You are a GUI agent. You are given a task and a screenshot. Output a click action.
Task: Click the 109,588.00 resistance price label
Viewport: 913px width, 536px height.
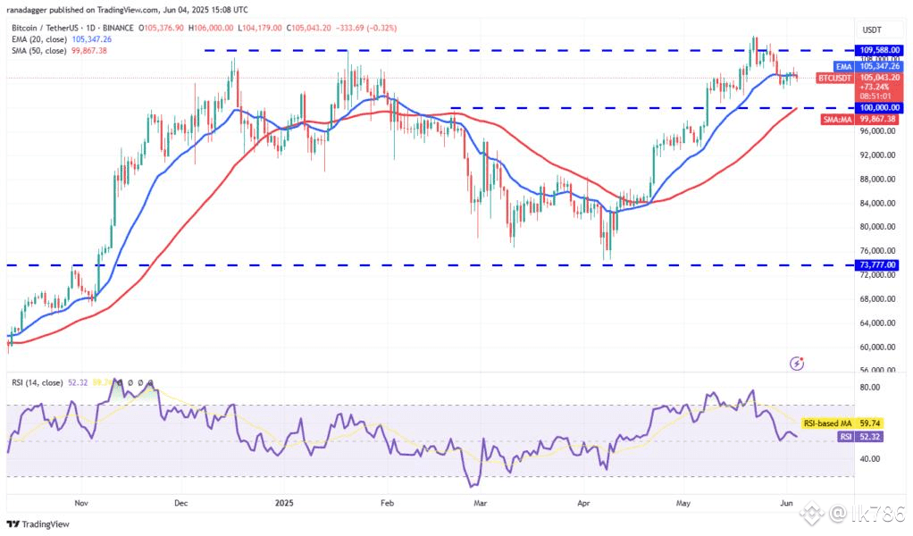pos(877,50)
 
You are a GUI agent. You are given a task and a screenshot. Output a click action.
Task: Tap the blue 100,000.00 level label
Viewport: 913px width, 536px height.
pos(877,107)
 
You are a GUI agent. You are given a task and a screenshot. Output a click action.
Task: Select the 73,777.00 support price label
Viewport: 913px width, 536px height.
pos(877,265)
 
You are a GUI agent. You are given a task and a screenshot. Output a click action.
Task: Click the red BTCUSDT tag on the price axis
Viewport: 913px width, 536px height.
pos(836,79)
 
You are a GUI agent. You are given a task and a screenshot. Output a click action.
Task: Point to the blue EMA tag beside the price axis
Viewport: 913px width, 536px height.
pos(843,66)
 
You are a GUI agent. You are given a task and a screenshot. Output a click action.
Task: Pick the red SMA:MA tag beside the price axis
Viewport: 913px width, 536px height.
pos(837,119)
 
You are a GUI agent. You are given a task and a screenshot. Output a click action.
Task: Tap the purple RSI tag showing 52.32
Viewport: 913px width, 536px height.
pos(844,437)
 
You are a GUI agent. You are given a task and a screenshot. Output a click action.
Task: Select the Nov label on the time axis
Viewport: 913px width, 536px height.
pos(82,503)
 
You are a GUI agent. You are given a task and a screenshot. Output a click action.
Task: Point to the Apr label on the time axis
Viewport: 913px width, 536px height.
pos(584,503)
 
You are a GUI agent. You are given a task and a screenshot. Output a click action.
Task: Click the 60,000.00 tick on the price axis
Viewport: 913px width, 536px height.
pos(877,347)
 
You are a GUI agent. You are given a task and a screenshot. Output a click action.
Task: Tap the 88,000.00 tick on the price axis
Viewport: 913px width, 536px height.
pos(877,179)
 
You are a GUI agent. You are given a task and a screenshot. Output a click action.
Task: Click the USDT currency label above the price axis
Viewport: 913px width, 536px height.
pos(871,29)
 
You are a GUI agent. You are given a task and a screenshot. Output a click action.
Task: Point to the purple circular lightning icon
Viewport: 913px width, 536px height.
pos(798,363)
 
